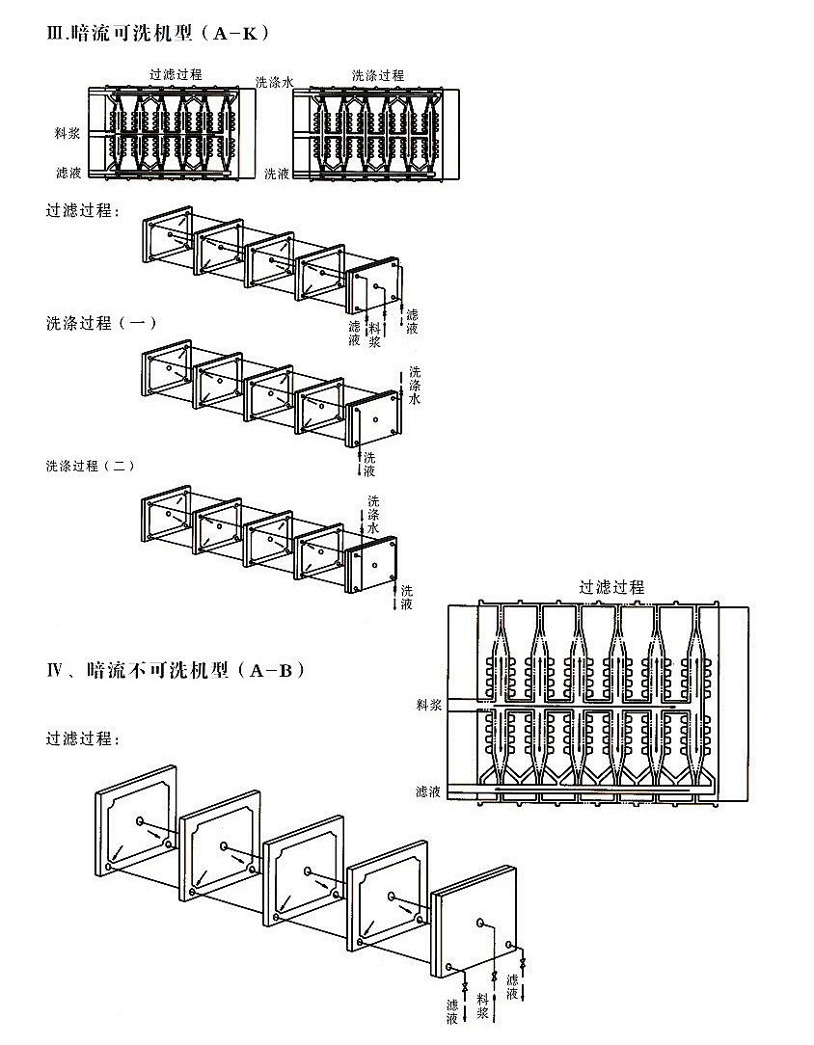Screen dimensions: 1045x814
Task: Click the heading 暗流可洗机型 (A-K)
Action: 158,33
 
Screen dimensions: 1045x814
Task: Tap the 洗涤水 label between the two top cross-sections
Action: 274,83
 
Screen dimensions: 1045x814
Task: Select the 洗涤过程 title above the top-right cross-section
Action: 377,75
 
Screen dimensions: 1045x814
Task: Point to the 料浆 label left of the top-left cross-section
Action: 67,133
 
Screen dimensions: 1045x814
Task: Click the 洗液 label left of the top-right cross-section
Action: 277,174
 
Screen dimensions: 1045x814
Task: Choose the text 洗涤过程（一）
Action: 100,323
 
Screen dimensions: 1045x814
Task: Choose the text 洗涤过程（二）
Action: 90,466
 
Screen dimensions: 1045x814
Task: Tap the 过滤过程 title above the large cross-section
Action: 611,586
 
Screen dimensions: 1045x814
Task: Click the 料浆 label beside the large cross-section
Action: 428,706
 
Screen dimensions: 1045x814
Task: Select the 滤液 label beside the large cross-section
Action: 428,791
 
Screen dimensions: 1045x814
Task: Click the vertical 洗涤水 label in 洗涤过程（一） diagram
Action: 415,385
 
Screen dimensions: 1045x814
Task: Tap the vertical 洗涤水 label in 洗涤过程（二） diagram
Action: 374,515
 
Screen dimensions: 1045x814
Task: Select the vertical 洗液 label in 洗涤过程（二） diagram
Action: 407,597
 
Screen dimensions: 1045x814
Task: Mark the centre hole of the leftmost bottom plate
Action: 141,820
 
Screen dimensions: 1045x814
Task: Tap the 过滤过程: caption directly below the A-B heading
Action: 83,739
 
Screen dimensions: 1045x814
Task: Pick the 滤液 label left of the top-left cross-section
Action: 67,173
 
